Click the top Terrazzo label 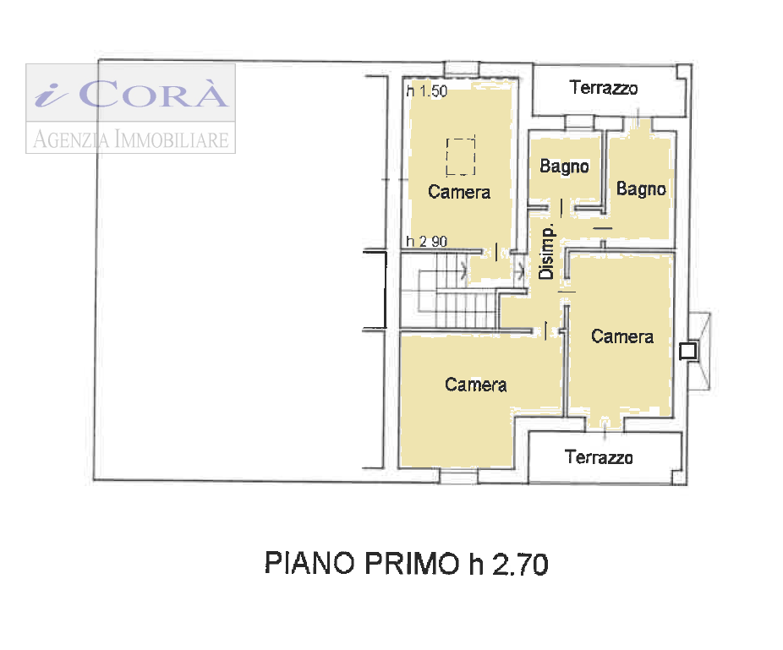[x=603, y=88]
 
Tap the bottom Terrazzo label [x=599, y=457]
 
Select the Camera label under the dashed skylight [x=459, y=192]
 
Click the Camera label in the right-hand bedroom [x=622, y=336]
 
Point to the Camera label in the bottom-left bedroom [x=476, y=385]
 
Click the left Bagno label [x=564, y=167]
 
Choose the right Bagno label [x=641, y=188]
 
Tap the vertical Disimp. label [x=546, y=252]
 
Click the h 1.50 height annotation [x=427, y=90]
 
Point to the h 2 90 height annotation [x=426, y=242]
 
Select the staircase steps [x=457, y=291]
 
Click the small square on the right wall [x=687, y=351]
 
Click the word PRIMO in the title [x=412, y=563]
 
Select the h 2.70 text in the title [x=508, y=564]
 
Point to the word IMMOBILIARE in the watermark [x=172, y=139]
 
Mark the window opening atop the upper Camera [x=462, y=69]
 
